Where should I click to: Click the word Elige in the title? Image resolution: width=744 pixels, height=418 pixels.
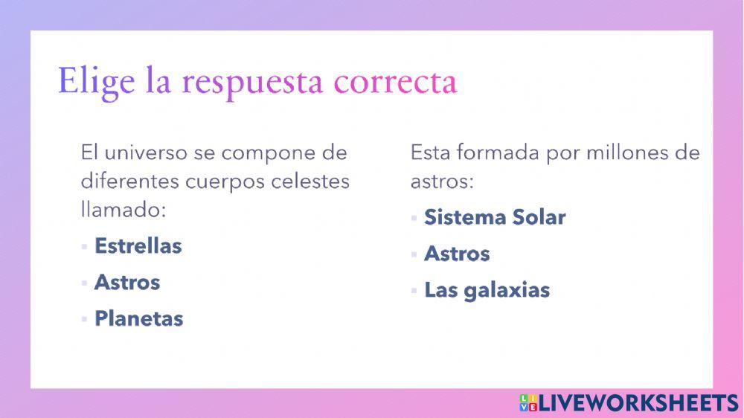tap(97, 81)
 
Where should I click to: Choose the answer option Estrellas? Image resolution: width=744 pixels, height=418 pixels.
tap(138, 246)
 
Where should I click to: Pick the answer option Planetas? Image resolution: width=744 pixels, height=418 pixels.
tap(138, 319)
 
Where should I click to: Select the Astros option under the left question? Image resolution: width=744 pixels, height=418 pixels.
tap(126, 283)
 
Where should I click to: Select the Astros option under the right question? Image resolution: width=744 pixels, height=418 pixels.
tap(457, 254)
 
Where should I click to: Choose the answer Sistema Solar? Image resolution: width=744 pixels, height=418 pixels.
tap(495, 217)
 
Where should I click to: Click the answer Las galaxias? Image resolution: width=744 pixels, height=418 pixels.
tap(487, 290)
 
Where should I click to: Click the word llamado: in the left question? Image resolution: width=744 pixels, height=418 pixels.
tap(122, 210)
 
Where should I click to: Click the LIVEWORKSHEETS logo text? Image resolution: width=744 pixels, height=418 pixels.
tap(638, 402)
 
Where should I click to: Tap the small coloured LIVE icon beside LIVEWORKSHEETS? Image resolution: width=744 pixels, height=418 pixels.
tap(527, 402)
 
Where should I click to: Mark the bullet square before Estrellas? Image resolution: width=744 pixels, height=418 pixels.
tap(85, 247)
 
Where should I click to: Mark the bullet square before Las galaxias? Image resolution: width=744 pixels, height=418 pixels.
tap(414, 291)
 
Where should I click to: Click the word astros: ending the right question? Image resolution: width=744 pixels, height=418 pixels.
tap(442, 181)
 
